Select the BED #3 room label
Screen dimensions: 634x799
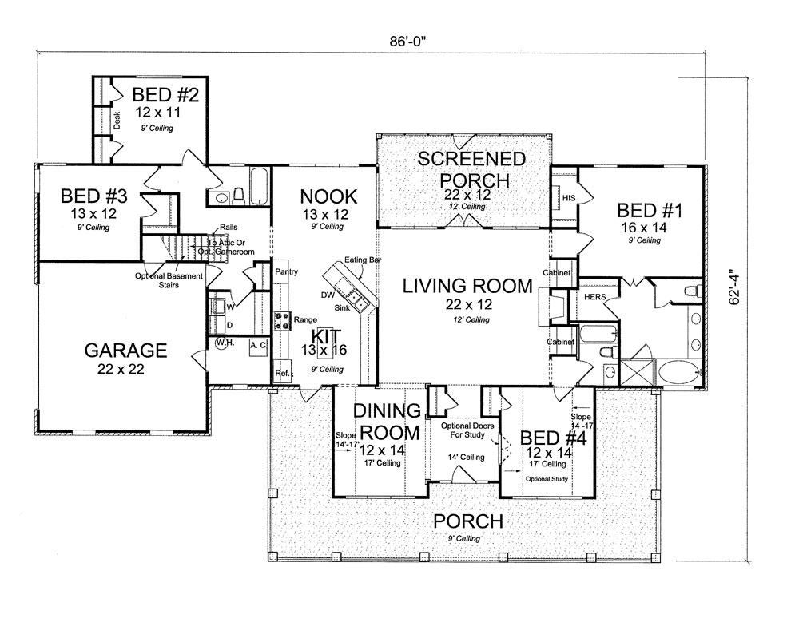tap(89, 196)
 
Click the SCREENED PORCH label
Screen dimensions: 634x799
tap(472, 169)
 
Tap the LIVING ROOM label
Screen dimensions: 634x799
tap(467, 286)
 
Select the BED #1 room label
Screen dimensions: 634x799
tap(649, 211)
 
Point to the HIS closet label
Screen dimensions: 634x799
tap(569, 197)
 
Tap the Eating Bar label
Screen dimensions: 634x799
tap(358, 261)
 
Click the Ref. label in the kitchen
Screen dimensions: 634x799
tap(281, 373)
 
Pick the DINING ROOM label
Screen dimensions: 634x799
tap(388, 422)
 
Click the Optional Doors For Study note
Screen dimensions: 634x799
tap(468, 431)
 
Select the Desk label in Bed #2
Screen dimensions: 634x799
tap(117, 121)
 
